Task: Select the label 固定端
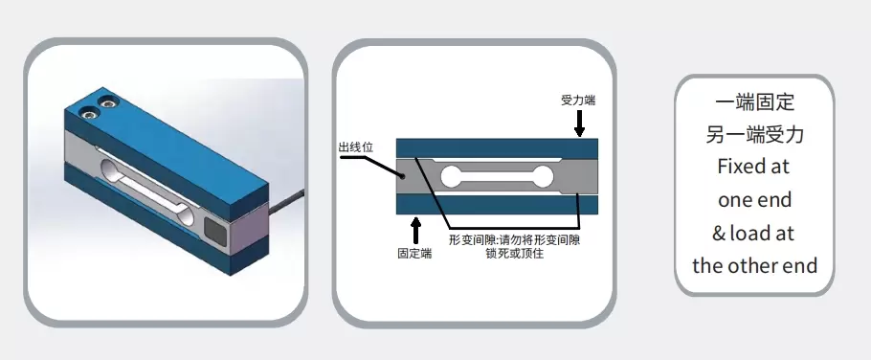point(413,254)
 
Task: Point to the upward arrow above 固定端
point(413,231)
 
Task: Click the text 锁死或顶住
point(514,253)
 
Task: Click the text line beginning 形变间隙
point(514,239)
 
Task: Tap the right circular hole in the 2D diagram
point(544,175)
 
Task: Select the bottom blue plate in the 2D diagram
point(498,205)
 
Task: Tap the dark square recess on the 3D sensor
point(217,231)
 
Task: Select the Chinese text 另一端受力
point(754,134)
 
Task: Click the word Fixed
point(736,167)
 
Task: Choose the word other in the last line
point(755,265)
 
